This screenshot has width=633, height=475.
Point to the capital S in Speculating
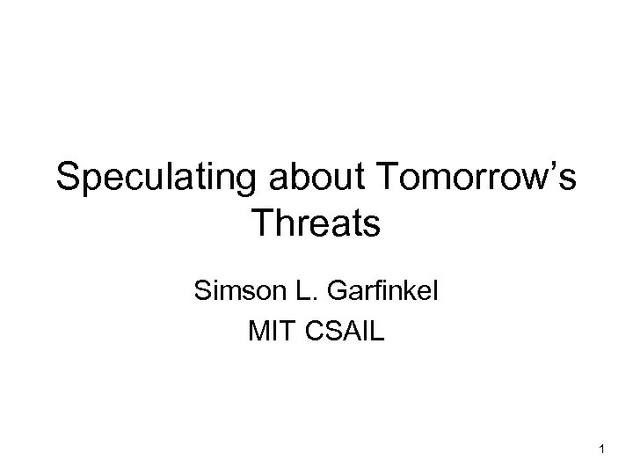69,179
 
